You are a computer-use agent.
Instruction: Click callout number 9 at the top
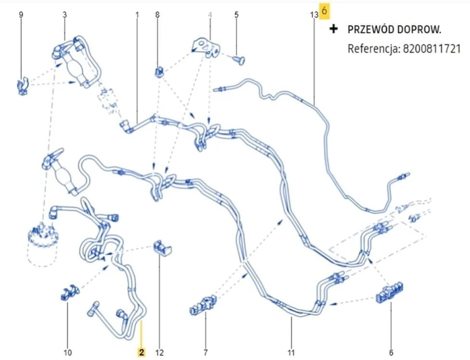(21, 14)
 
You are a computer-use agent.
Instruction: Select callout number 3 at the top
(65, 14)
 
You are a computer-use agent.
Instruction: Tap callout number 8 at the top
(157, 14)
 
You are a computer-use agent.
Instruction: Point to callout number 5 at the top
(236, 14)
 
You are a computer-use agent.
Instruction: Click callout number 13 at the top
(314, 14)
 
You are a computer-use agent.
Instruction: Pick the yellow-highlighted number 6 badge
(324, 11)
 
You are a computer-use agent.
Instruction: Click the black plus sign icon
(333, 29)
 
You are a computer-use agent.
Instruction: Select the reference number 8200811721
(432, 48)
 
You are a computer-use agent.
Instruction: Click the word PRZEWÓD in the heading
(371, 29)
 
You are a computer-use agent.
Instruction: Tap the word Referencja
(373, 49)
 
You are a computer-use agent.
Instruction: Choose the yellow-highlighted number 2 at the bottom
(142, 352)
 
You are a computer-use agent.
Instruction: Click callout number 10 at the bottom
(68, 352)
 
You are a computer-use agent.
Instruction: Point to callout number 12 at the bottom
(159, 352)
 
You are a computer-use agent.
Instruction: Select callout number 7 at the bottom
(206, 352)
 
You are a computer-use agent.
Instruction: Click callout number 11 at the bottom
(291, 352)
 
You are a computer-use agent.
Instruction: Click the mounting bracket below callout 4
(206, 48)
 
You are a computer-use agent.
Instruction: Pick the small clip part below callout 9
(22, 86)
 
